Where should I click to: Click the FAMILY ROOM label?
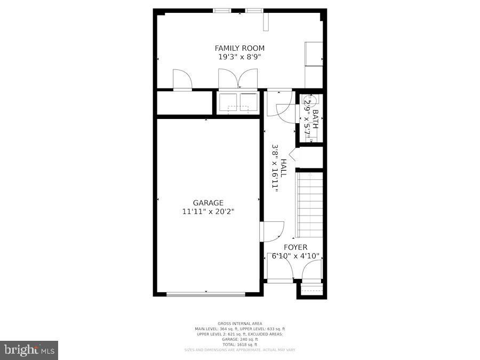[239, 48]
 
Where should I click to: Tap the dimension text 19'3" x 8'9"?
[239, 56]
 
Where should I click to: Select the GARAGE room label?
[208, 203]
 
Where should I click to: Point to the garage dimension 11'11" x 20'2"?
[208, 211]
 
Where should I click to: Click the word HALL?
[284, 168]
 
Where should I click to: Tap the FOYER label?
[295, 247]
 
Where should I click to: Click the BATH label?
[315, 119]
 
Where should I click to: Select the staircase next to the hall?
[310, 205]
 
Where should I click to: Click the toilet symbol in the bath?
[310, 100]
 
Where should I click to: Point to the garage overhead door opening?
[206, 294]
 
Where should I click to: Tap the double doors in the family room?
[238, 79]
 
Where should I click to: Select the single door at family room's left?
[182, 80]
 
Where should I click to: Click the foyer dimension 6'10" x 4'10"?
[295, 256]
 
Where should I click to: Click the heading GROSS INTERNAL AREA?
[239, 324]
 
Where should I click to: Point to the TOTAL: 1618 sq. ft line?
[239, 345]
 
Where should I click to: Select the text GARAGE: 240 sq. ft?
[239, 339]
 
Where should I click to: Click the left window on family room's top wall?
[222, 10]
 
